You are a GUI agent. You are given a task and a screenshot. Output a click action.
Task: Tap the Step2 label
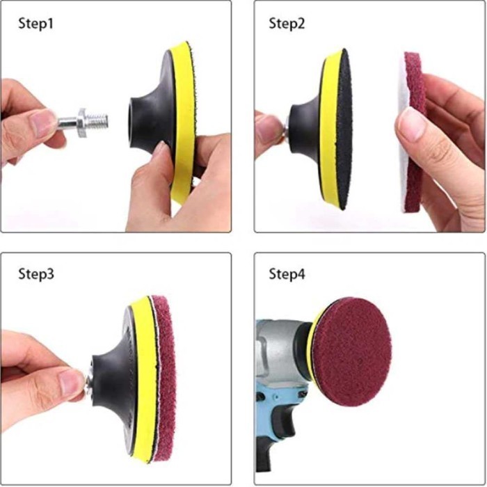[x=287, y=24]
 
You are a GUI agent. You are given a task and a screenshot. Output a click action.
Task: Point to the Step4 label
[x=287, y=273]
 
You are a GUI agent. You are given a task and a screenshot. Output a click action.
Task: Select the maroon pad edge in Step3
[x=165, y=376]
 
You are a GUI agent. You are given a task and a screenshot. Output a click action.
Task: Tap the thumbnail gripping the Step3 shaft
[x=72, y=381]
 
